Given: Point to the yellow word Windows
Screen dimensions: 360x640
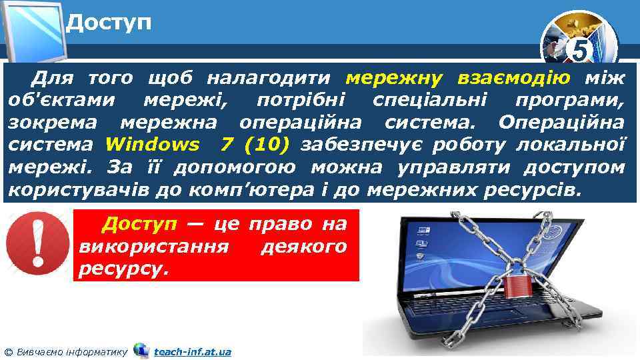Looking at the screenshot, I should click(152, 145).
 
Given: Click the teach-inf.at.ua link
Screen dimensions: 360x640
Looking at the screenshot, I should click(192, 351).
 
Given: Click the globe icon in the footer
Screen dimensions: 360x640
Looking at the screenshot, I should click(141, 350).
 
